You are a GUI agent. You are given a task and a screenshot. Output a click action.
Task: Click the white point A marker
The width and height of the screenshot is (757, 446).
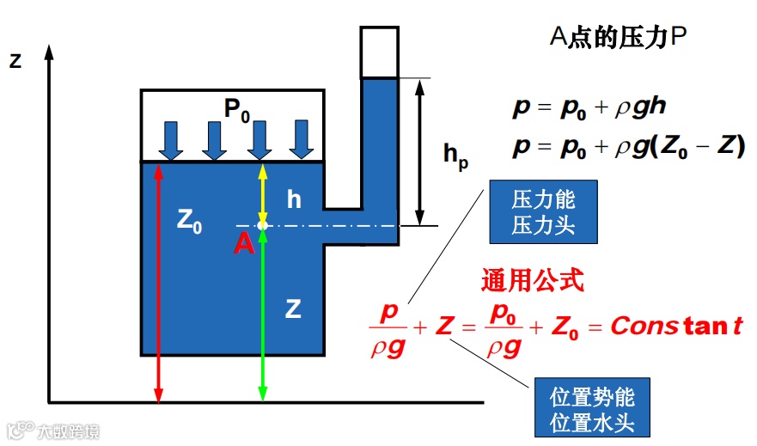263,226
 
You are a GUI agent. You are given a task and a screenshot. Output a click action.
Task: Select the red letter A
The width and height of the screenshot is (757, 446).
245,244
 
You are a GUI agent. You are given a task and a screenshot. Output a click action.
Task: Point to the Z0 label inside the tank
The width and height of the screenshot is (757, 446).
190,220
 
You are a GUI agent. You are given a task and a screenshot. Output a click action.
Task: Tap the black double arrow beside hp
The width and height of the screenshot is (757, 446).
420,151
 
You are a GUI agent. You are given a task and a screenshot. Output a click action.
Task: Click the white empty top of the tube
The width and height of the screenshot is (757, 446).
379,52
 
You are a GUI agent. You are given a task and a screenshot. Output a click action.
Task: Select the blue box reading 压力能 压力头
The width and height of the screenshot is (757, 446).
543,211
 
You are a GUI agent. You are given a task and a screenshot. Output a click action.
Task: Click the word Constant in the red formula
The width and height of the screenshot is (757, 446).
676,327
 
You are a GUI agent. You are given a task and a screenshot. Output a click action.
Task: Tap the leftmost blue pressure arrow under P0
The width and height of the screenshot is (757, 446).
172,140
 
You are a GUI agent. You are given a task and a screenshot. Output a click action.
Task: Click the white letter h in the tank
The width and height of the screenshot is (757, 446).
294,200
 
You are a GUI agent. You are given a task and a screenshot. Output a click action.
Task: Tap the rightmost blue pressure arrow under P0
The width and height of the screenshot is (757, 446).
301,140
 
